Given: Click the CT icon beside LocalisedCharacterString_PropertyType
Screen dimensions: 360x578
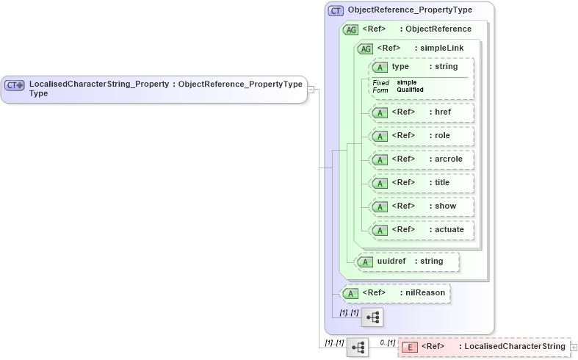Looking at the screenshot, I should (15, 85).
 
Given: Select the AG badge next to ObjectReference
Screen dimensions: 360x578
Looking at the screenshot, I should (351, 29).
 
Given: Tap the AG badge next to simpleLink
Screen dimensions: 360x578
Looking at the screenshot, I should (365, 48).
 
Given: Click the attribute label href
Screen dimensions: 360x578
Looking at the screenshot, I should (443, 112).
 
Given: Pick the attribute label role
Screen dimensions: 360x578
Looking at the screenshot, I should (442, 135).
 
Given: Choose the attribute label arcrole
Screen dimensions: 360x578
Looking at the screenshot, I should (449, 159).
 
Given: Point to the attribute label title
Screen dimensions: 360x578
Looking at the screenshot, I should (442, 182).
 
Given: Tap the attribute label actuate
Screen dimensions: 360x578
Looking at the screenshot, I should (449, 229).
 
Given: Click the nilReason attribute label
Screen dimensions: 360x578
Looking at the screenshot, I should (426, 292).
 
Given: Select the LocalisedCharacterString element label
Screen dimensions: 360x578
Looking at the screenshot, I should (515, 346).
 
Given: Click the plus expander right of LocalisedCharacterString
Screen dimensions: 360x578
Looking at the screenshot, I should (574, 347).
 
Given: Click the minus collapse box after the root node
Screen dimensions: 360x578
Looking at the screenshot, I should (311, 89).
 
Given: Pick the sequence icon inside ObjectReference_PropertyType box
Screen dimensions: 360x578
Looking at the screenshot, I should (372, 317).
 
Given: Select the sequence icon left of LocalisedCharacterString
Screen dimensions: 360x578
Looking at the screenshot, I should (358, 348).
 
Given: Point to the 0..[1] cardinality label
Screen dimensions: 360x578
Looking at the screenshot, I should (387, 342).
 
